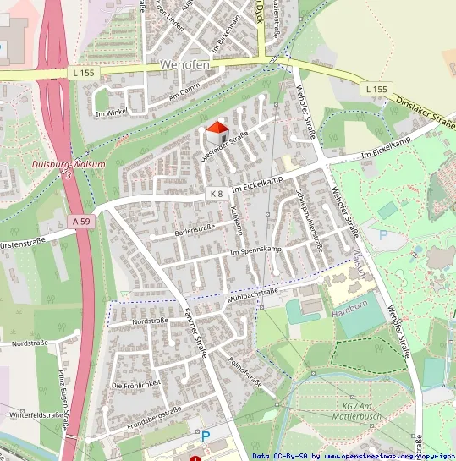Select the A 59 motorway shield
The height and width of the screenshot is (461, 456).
[x=80, y=221]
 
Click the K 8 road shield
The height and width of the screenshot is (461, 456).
[x=217, y=194]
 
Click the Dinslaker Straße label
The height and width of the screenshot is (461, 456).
[x=425, y=115]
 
